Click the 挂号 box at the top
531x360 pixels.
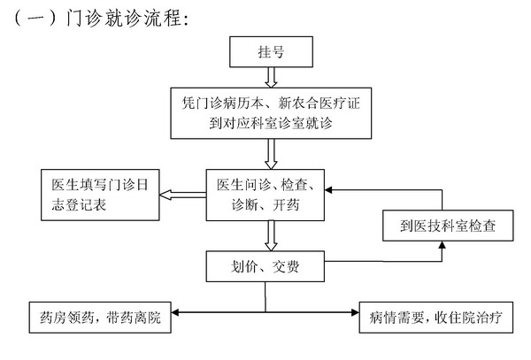(271, 52)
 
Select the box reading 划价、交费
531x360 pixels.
(265, 266)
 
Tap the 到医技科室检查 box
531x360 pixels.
(448, 226)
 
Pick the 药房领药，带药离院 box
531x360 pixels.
(100, 318)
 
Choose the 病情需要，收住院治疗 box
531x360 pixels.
(435, 318)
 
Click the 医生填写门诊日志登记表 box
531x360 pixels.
(100, 195)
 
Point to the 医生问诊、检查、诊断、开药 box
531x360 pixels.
(265, 195)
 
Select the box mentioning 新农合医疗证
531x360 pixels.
(271, 113)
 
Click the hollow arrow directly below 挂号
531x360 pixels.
(271, 78)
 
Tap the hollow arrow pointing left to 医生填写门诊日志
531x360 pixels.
(183, 195)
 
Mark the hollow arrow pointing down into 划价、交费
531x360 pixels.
(271, 236)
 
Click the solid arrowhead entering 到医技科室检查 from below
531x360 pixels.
(442, 245)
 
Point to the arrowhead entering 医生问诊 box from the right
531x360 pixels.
(328, 190)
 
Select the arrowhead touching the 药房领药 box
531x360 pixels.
(175, 312)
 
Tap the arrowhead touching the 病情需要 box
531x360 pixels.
(355, 312)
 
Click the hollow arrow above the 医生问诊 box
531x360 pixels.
(271, 154)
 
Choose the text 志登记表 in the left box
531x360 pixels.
(79, 204)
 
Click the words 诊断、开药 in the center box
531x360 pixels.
(265, 204)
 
